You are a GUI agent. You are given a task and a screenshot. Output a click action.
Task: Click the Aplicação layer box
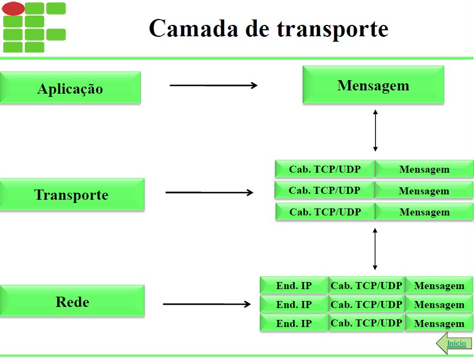tap(70, 88)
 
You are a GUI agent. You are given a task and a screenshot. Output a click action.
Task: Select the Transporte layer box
tap(72, 194)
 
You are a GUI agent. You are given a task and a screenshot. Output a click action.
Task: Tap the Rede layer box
tap(72, 302)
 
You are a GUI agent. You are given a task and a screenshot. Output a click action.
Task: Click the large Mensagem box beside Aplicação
tap(373, 85)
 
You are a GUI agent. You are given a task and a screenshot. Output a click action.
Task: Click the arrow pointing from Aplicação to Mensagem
tap(213, 85)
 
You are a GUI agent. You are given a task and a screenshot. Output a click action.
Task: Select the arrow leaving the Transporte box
tap(209, 192)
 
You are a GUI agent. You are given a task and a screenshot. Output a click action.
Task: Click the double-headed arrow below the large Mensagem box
tap(375, 130)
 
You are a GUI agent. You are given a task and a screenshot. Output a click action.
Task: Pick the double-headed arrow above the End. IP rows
tap(375, 249)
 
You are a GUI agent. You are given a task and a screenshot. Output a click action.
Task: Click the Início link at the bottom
tap(456, 343)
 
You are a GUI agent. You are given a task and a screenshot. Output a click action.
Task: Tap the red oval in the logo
tap(14, 8)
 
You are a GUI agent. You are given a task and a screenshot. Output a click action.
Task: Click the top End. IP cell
tap(294, 286)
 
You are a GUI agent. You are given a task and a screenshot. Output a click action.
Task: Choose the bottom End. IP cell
tap(294, 323)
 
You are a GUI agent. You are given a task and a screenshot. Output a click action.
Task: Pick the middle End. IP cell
tap(294, 304)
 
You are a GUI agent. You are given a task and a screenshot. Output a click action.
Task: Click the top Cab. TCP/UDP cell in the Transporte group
tap(324, 169)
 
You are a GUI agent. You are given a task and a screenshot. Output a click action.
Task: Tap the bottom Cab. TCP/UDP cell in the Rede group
tap(366, 323)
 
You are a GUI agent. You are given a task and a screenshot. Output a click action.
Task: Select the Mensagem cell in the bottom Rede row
tap(439, 324)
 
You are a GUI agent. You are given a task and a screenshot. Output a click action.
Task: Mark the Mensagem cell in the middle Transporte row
tap(424, 191)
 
